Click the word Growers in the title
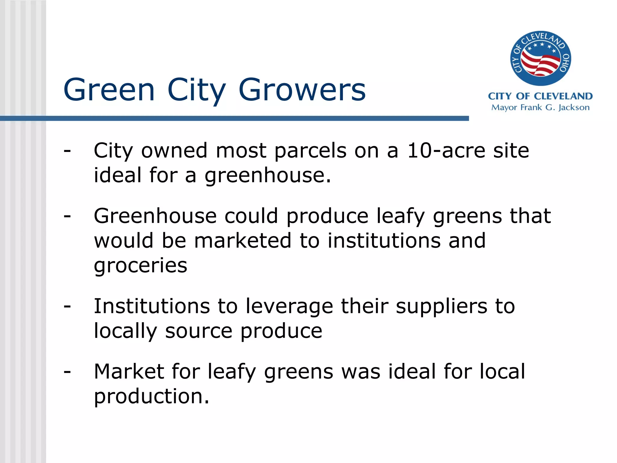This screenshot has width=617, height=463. point(302,90)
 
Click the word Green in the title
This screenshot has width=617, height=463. point(109,90)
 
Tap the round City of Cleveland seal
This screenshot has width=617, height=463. point(540,58)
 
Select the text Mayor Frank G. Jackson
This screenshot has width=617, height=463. point(540,108)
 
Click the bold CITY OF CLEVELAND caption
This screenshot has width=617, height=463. point(540,96)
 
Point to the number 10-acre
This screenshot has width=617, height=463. point(446,150)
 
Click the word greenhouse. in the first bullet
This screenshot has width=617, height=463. point(268,175)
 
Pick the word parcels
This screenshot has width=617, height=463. point(310,150)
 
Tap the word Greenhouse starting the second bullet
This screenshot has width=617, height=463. point(155,216)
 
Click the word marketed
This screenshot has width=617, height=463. point(243,241)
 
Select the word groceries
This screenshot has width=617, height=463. point(140,266)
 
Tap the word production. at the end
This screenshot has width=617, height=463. point(152,396)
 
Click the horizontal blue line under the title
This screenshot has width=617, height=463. point(234,118)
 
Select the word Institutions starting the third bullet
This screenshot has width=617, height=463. point(152,306)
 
